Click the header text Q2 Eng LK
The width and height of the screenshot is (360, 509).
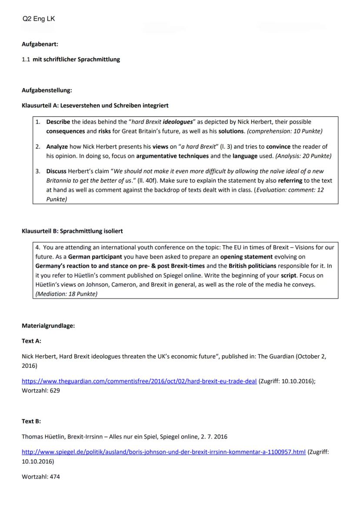click(x=38, y=19)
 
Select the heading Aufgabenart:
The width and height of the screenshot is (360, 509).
click(x=40, y=44)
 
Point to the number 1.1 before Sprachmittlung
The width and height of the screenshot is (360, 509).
click(x=26, y=60)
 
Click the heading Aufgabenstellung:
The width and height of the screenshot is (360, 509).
click(x=47, y=90)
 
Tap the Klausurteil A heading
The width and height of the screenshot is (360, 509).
click(x=95, y=106)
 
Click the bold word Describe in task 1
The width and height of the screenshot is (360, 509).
click(x=58, y=122)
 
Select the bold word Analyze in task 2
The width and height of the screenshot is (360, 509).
click(x=57, y=146)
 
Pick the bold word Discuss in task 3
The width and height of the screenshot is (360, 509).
click(x=57, y=171)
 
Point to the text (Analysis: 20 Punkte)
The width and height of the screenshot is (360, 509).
click(x=300, y=155)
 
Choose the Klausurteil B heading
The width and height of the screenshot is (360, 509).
click(x=75, y=231)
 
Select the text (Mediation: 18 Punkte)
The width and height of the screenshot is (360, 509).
click(x=66, y=294)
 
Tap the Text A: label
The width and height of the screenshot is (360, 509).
click(x=31, y=341)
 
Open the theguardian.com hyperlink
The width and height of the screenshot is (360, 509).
click(x=139, y=381)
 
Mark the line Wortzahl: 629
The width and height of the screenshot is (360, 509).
click(x=40, y=390)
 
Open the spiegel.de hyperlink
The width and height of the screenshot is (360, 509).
click(x=163, y=452)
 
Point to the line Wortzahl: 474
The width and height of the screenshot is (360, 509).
click(x=40, y=476)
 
